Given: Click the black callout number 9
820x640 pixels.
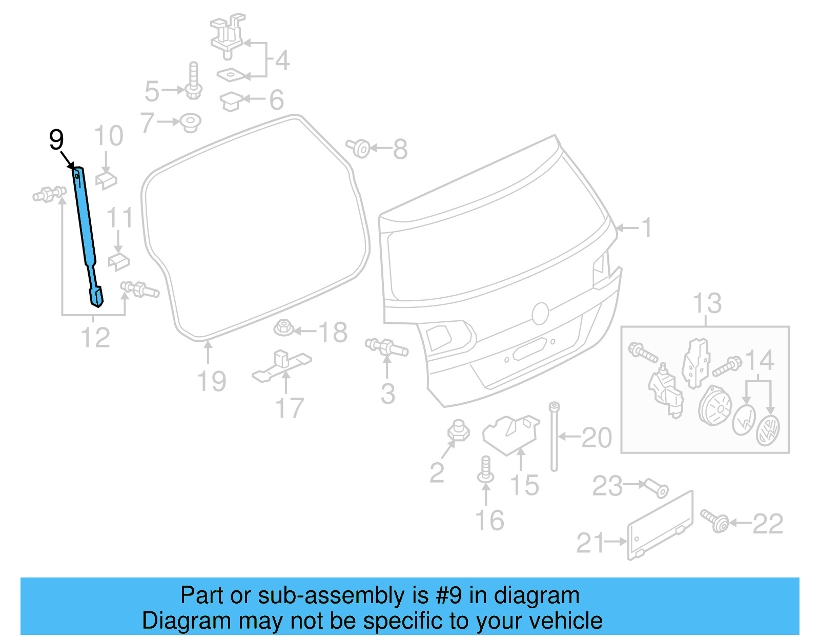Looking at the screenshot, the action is pos(56,139).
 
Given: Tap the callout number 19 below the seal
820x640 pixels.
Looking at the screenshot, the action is pos(212,382).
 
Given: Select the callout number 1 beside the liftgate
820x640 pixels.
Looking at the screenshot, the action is pos(647,227).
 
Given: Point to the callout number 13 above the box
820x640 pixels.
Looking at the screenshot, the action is pos(707,303).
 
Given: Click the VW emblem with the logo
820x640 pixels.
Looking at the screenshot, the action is pos(768,430).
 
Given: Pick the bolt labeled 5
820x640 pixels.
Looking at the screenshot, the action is pos(194,82).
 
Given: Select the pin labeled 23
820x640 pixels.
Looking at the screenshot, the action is pos(656,488).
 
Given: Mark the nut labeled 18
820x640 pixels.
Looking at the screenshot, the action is pos(283,327).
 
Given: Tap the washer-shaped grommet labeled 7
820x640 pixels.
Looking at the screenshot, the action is pos(191,122).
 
